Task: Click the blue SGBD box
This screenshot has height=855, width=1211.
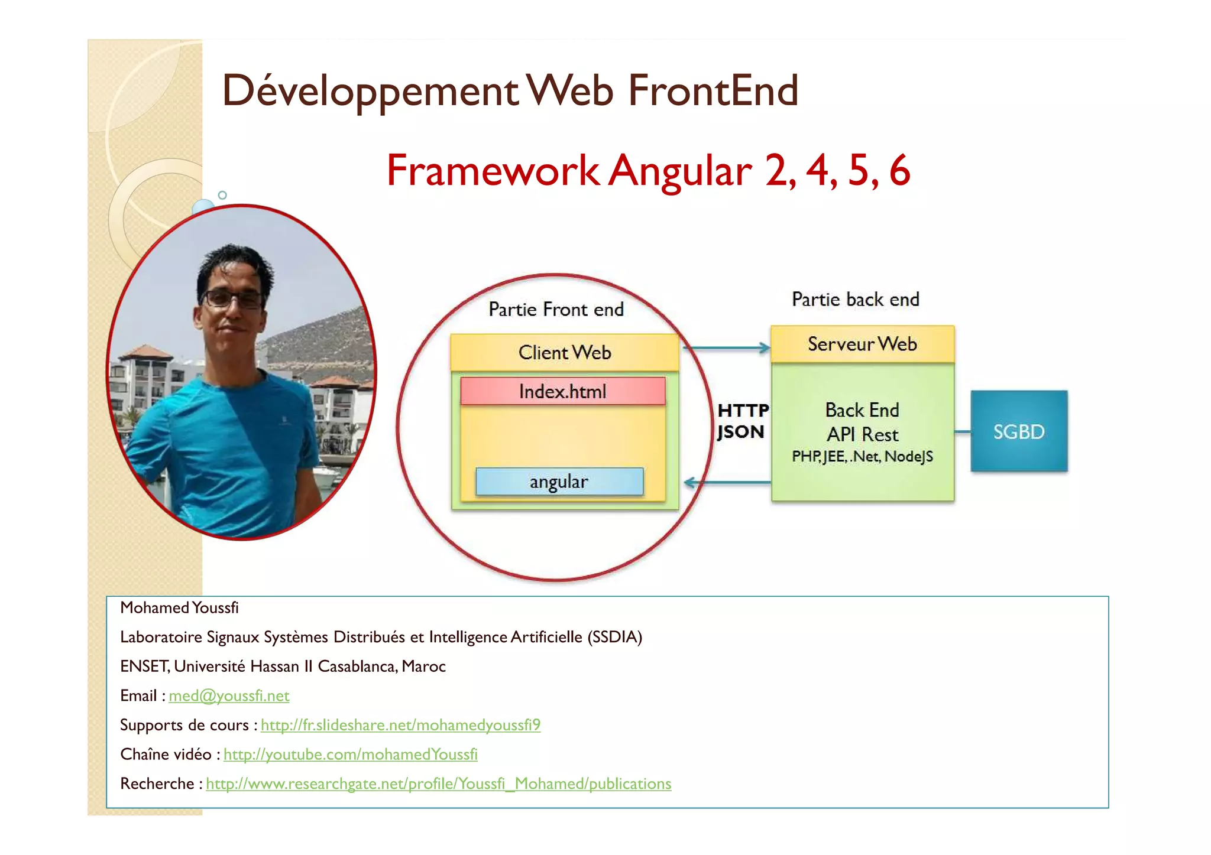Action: click(x=1018, y=431)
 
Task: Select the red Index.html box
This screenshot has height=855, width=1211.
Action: click(x=562, y=391)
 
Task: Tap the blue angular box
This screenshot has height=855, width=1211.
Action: click(x=559, y=482)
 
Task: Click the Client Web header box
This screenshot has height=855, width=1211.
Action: click(x=564, y=352)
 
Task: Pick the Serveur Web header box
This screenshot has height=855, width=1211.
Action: click(x=862, y=344)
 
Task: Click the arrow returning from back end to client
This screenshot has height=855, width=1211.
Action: click(x=727, y=483)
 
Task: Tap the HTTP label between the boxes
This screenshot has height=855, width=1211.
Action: click(x=743, y=410)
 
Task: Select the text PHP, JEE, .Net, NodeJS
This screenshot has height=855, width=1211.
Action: click(x=862, y=456)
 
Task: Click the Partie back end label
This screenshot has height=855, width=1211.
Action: click(x=855, y=300)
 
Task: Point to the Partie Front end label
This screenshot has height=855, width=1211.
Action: click(x=556, y=309)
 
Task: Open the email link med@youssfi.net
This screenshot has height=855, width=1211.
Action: click(x=229, y=695)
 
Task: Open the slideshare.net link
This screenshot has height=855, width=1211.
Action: click(x=400, y=725)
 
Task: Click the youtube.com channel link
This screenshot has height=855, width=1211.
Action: click(x=350, y=755)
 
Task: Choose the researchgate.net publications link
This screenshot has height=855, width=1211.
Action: click(x=438, y=784)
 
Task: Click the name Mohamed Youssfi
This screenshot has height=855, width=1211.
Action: click(x=179, y=607)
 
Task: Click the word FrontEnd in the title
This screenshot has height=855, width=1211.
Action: click(x=713, y=90)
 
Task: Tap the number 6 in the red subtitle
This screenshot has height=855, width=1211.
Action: click(x=899, y=170)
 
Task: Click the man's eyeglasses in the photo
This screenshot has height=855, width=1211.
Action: click(x=232, y=298)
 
